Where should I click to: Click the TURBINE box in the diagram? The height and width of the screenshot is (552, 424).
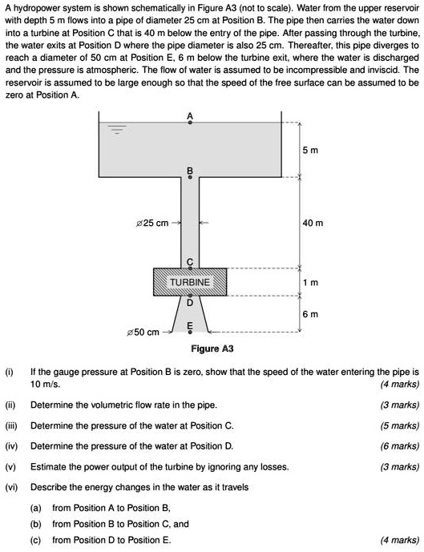tap(190, 283)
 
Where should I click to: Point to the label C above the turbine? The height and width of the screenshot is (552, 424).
tap(190, 263)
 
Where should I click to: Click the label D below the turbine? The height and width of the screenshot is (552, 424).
tap(190, 304)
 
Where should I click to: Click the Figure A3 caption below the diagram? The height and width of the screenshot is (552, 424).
tap(212, 349)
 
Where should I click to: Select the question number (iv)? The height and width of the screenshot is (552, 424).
tap(10, 446)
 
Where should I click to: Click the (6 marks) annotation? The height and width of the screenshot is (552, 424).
tap(399, 446)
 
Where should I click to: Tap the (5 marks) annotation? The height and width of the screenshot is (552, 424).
tap(399, 425)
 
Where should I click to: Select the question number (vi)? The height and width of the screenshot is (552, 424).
tap(10, 487)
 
